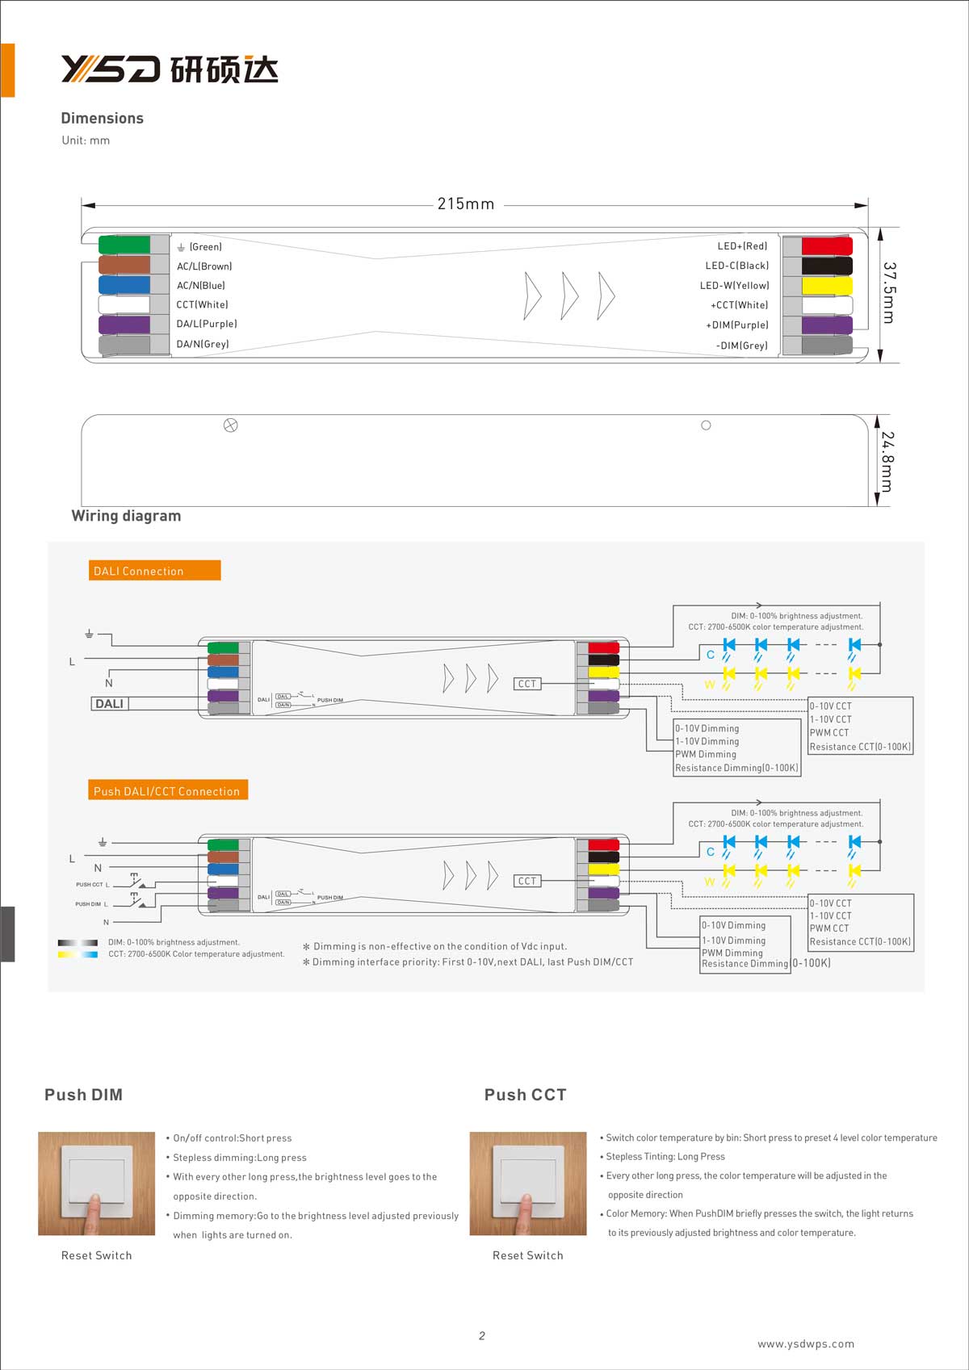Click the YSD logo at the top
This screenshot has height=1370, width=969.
pyautogui.click(x=170, y=70)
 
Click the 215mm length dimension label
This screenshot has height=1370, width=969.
pyautogui.click(x=466, y=204)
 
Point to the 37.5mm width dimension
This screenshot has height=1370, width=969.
pyautogui.click(x=888, y=292)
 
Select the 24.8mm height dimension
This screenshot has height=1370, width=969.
pyautogui.click(x=887, y=461)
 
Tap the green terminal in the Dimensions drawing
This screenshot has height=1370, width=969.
pyautogui.click(x=124, y=245)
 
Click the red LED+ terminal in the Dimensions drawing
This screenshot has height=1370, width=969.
pyautogui.click(x=827, y=245)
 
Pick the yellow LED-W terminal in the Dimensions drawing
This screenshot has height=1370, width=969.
pyautogui.click(x=827, y=286)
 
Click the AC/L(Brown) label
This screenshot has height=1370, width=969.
pyautogui.click(x=204, y=266)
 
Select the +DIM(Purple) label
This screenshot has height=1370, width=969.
pyautogui.click(x=737, y=325)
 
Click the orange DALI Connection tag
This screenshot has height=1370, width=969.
pyautogui.click(x=154, y=571)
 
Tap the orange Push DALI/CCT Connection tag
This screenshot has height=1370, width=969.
pyautogui.click(x=167, y=791)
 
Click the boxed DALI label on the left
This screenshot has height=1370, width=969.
pyautogui.click(x=109, y=704)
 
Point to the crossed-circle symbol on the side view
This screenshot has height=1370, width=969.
pyautogui.click(x=230, y=425)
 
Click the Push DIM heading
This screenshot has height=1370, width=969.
pyautogui.click(x=84, y=1095)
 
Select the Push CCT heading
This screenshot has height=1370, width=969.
pyautogui.click(x=525, y=1095)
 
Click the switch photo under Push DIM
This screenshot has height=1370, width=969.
pyautogui.click(x=96, y=1184)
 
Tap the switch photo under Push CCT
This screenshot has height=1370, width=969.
pyautogui.click(x=528, y=1184)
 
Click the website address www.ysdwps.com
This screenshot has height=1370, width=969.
pyautogui.click(x=805, y=1344)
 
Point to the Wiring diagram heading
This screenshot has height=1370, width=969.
pyautogui.click(x=126, y=516)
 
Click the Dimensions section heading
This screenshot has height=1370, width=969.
pyautogui.click(x=103, y=118)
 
